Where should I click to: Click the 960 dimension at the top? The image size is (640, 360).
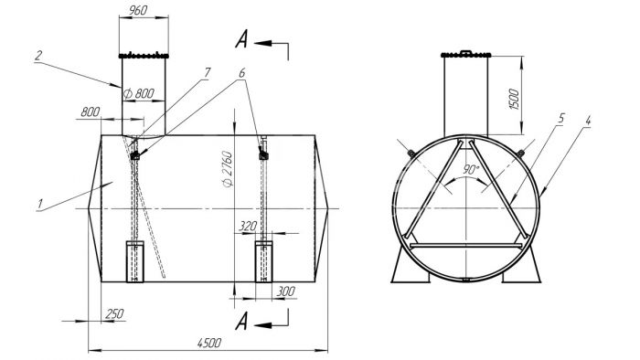click(138, 10)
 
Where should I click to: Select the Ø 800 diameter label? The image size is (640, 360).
click(139, 94)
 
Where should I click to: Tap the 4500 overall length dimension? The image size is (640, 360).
click(209, 343)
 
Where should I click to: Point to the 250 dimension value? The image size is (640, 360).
click(114, 314)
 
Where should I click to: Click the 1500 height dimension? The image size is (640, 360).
click(514, 99)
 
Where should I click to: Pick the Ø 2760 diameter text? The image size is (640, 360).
click(228, 169)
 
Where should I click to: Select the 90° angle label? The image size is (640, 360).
click(471, 170)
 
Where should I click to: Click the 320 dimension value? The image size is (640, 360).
click(248, 226)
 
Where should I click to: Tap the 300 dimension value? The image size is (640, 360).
click(285, 291)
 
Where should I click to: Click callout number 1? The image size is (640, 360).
click(40, 204)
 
